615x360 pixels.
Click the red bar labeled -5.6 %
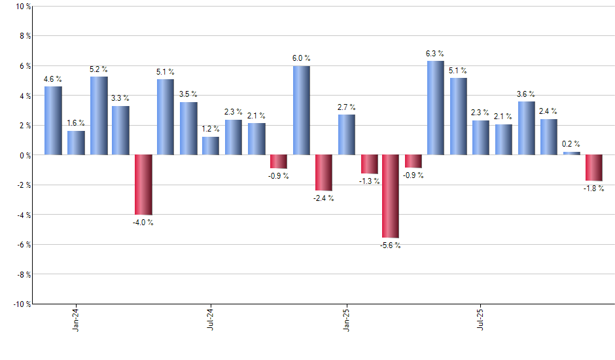point(391,196)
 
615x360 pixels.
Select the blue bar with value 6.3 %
point(436,108)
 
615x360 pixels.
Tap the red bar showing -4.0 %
point(143,185)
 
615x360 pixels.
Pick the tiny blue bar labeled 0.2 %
point(571,153)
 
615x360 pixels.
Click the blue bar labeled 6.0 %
point(301,110)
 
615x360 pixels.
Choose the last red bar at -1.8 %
point(594,168)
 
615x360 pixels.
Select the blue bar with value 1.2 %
point(211,146)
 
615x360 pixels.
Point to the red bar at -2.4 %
point(323,172)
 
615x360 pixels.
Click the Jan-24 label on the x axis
point(77,319)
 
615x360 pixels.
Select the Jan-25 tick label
point(346,319)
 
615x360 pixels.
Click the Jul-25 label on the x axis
point(481,319)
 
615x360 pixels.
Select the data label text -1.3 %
point(369,181)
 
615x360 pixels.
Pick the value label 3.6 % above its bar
point(526,94)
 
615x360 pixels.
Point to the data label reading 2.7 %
point(347,107)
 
